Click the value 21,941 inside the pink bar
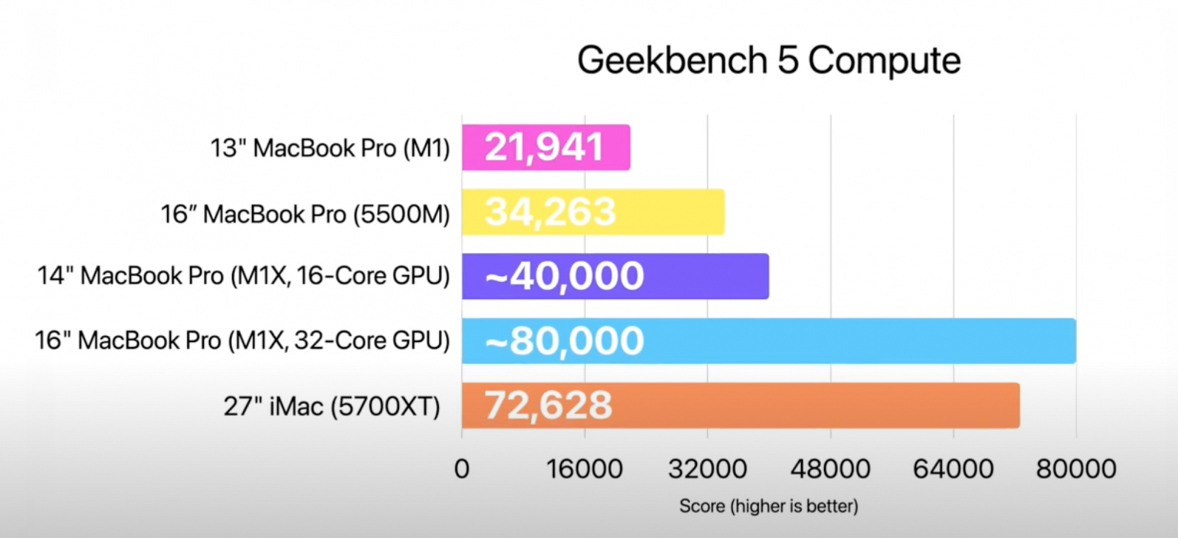tap(544, 147)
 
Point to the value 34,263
tap(550, 212)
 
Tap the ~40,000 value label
tap(564, 276)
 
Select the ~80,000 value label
tap(564, 341)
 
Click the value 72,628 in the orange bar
tap(548, 405)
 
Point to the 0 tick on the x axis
tap(462, 469)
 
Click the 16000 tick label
tap(584, 469)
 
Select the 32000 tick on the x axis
tap(707, 469)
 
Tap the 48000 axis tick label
tap(830, 469)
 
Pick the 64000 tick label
tap(953, 469)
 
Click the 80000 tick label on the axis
tap(1076, 469)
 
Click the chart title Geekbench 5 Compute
tap(769, 60)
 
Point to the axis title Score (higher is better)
tap(769, 506)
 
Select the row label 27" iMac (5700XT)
tap(332, 407)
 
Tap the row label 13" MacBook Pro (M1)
tap(330, 148)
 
